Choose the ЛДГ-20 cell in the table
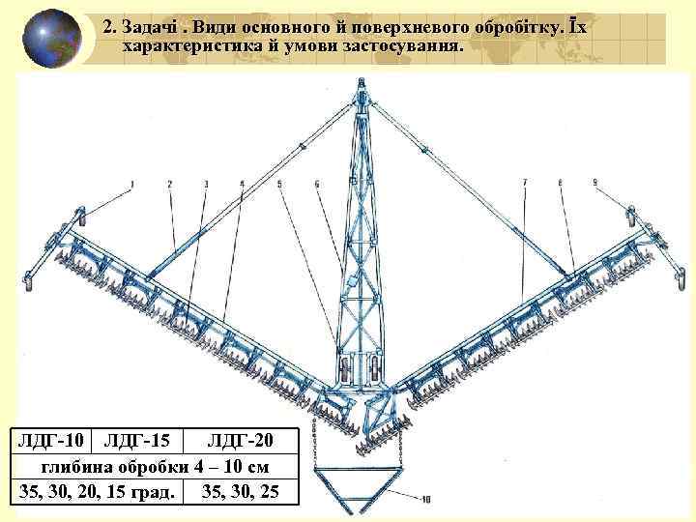(x=241, y=442)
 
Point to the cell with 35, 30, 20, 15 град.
(x=99, y=491)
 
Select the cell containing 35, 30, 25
(x=241, y=491)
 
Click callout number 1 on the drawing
(x=131, y=183)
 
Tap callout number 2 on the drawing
(x=169, y=183)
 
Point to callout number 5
(x=279, y=183)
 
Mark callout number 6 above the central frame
(x=316, y=183)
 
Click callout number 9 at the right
(x=594, y=182)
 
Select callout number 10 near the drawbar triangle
(x=426, y=500)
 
